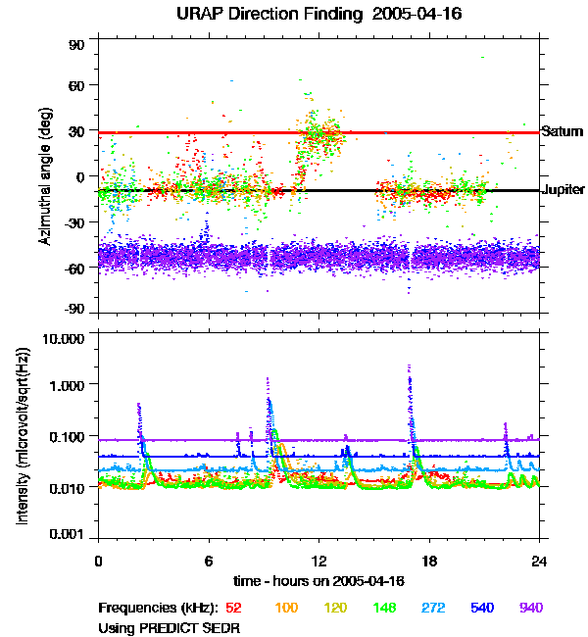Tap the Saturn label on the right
pos(562,131)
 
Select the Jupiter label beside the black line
pos(563,190)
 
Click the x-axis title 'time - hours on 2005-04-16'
pos(318,581)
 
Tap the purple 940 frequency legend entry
pos(530,608)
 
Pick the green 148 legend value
pos(386,608)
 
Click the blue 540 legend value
pos(482,608)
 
